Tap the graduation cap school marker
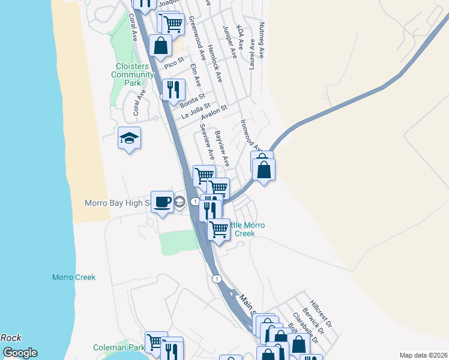tap(129, 139)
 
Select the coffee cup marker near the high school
tap(161, 202)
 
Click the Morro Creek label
tap(73, 278)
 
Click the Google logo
tap(19, 353)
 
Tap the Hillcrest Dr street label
tap(321, 314)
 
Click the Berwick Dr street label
tap(313, 321)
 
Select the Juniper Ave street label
tap(231, 41)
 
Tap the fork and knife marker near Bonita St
tap(173, 90)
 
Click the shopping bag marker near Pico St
tap(161, 45)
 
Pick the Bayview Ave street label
tap(222, 149)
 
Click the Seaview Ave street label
tap(207, 142)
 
